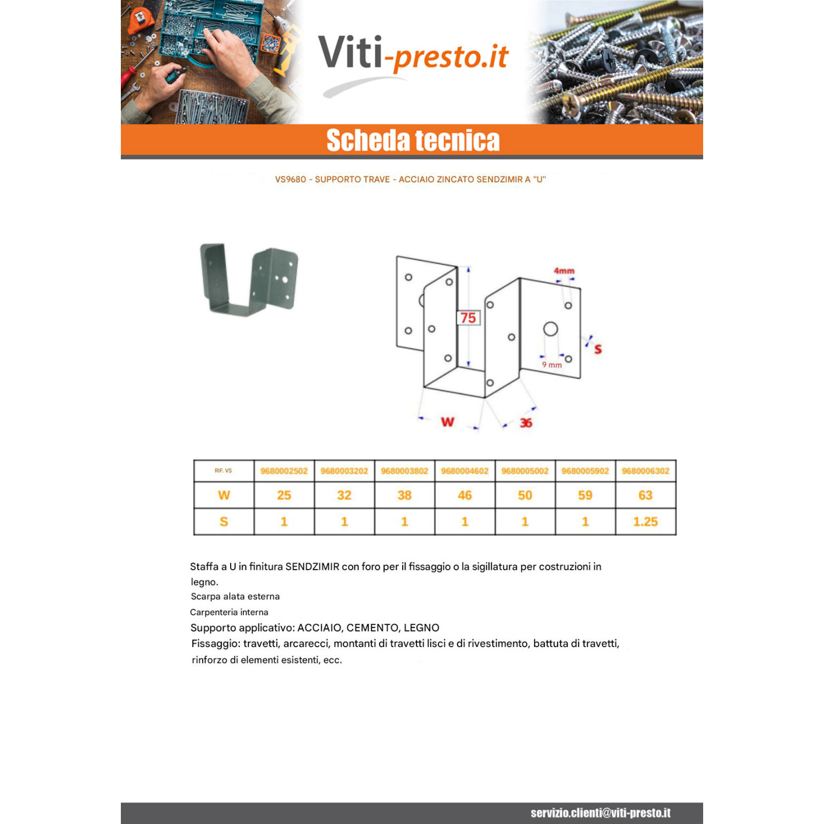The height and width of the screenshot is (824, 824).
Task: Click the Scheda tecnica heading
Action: click(413, 140)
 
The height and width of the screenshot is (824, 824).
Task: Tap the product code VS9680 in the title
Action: click(291, 180)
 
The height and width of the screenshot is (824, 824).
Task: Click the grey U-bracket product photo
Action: click(249, 279)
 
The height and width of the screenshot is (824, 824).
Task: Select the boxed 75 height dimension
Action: click(468, 318)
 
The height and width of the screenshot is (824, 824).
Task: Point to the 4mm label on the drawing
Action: click(564, 271)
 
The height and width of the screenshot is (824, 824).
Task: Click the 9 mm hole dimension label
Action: click(552, 365)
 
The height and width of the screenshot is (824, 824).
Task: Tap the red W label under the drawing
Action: click(448, 422)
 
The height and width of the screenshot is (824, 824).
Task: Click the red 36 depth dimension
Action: click(526, 422)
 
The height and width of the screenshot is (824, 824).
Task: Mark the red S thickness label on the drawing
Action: click(598, 349)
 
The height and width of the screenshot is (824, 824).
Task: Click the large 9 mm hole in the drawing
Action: click(550, 329)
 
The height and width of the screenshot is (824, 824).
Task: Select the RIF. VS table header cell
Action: click(224, 471)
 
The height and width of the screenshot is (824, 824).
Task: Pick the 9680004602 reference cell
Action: click(465, 471)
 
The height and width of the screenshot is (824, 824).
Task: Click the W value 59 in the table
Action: click(585, 495)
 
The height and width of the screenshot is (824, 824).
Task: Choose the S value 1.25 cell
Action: click(645, 522)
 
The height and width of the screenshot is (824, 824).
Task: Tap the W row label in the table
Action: click(224, 495)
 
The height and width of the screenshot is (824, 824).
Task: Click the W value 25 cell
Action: click(284, 495)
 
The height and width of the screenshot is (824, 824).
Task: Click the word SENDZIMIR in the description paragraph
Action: click(312, 566)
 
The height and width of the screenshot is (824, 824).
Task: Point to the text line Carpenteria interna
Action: click(229, 612)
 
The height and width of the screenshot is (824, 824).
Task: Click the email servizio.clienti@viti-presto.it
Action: click(600, 813)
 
